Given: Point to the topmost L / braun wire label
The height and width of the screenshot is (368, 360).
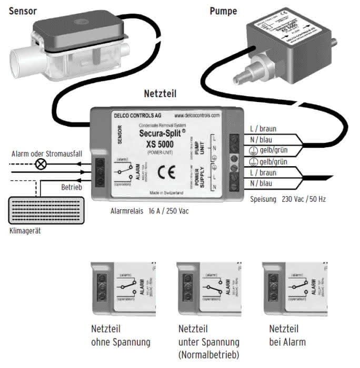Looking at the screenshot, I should (x=264, y=129).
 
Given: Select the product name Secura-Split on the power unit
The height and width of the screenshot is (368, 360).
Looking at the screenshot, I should (x=160, y=134).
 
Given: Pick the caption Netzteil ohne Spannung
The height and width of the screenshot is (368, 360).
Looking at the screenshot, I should (x=121, y=336).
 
